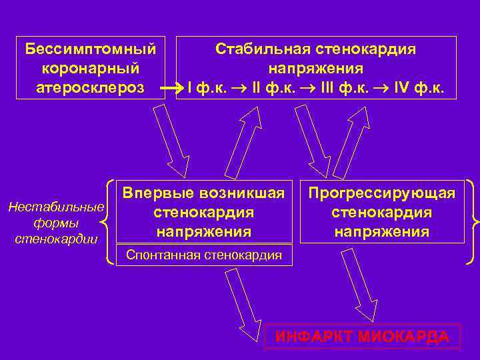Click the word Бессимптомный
(91, 49)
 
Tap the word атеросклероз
(91, 87)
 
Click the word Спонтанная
(163, 254)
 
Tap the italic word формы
(56, 222)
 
